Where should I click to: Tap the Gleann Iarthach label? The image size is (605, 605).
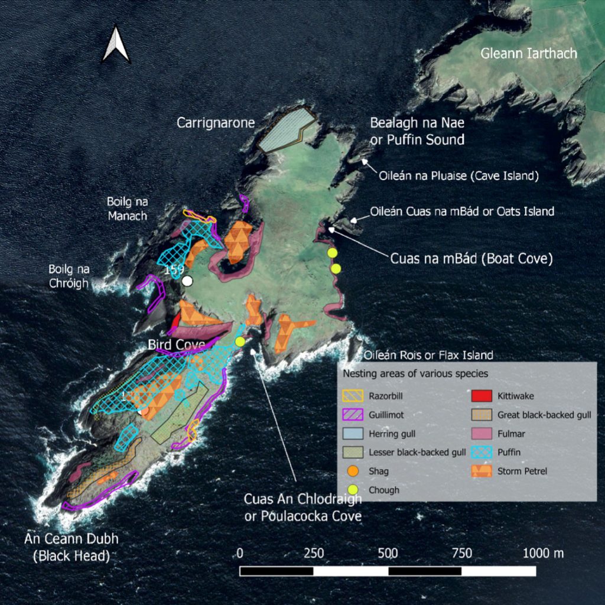[528, 54]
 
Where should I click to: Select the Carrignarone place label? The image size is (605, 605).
[216, 123]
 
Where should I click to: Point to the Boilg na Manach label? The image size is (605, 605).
[127, 208]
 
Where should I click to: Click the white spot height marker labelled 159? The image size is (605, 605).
[187, 281]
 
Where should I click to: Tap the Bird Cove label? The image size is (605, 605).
[176, 344]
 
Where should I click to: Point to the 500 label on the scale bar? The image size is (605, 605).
[388, 554]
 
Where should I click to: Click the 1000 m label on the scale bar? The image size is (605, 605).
[542, 554]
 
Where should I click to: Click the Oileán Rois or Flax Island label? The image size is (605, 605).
[428, 355]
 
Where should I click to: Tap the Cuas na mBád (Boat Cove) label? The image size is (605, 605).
[471, 259]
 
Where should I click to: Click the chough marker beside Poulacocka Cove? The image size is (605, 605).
[240, 341]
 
